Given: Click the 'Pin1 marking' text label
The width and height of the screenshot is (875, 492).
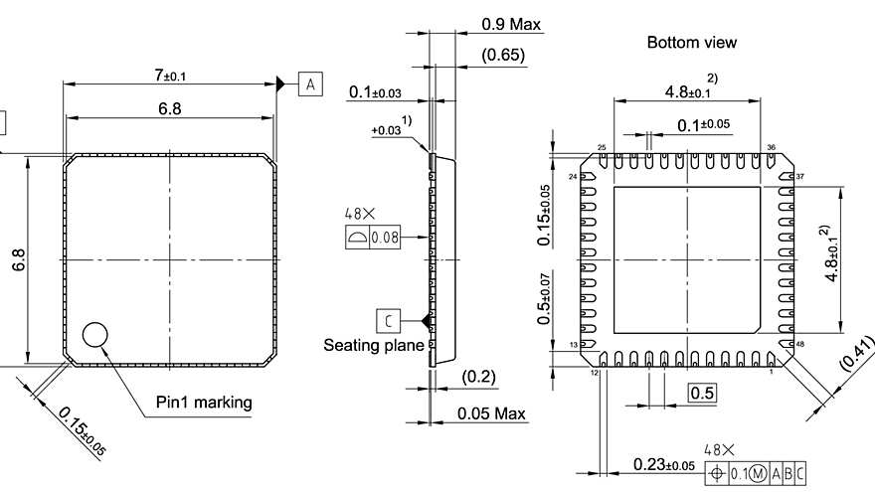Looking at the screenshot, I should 204,403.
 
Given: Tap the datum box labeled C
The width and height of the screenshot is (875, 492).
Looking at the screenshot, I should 388,320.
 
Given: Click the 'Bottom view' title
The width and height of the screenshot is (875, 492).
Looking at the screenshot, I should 691,43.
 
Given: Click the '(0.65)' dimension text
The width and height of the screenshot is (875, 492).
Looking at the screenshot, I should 503,56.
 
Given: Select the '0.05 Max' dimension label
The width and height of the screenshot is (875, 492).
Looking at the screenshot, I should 498,412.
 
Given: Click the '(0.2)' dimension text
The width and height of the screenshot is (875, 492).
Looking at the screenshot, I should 479,377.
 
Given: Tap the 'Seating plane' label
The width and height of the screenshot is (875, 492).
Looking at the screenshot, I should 374,345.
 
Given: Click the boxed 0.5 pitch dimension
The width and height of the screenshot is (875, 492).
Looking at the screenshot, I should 702,393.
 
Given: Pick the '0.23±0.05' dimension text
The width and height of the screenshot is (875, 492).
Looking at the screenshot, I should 664,465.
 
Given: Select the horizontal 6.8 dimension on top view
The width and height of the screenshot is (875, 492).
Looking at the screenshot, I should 169,108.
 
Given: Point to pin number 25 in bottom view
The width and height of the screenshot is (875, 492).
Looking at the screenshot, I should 602,148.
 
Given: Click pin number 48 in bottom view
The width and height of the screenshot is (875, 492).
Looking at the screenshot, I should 799,345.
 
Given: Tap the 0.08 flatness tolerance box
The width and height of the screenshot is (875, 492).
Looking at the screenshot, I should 385,238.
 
